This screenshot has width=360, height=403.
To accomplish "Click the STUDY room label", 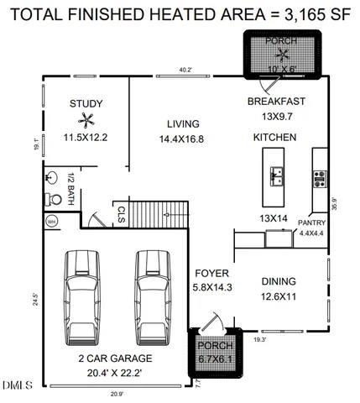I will (x=86, y=104).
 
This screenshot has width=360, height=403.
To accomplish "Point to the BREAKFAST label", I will (x=275, y=102).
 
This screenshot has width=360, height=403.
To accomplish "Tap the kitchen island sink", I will (x=277, y=175).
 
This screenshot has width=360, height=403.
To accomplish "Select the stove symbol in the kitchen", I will (x=320, y=177).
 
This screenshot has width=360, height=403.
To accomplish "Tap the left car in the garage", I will (x=83, y=294).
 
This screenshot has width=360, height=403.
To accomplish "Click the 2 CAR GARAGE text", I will (x=110, y=358).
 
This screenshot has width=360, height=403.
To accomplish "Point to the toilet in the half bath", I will (x=52, y=199).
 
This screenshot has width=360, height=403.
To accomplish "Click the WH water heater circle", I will (x=51, y=222).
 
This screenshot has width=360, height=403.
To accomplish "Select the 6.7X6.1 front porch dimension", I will (x=213, y=359).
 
